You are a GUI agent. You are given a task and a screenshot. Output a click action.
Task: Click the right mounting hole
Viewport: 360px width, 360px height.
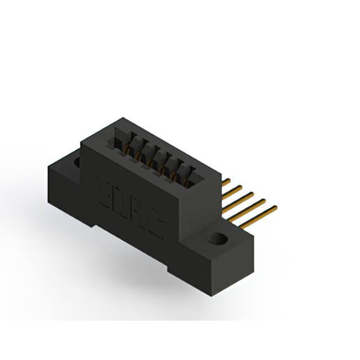coord(217,239)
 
